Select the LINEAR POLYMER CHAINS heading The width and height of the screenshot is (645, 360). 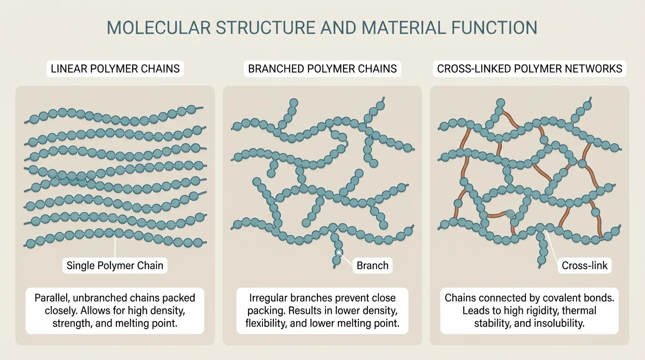pos(115,69)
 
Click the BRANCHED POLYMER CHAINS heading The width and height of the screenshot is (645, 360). pos(322,69)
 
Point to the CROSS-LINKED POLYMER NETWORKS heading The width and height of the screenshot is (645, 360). pos(530,69)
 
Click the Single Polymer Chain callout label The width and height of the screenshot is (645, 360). pos(115,266)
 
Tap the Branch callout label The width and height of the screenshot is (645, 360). pos(373,266)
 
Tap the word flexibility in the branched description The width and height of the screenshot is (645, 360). pos(268,323)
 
